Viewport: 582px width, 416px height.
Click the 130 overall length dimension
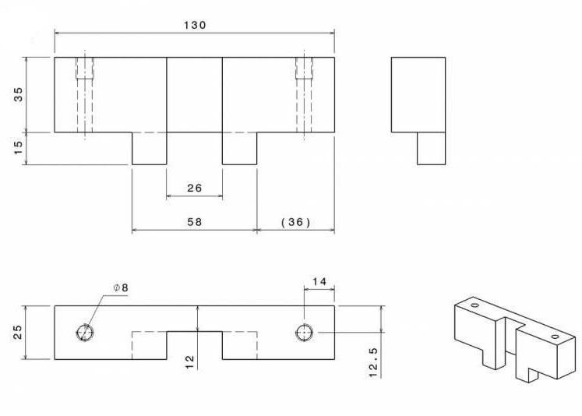point(195,25)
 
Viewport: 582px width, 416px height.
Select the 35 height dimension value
point(18,94)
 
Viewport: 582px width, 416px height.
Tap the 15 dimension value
point(18,148)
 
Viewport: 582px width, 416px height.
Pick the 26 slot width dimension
point(194,189)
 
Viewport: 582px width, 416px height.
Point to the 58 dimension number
point(195,222)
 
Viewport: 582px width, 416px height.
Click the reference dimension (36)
point(295,222)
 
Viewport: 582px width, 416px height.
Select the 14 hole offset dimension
point(319,282)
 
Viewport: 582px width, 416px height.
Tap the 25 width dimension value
point(18,332)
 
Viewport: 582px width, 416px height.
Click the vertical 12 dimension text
point(189,361)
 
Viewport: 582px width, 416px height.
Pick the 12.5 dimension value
point(373,362)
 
